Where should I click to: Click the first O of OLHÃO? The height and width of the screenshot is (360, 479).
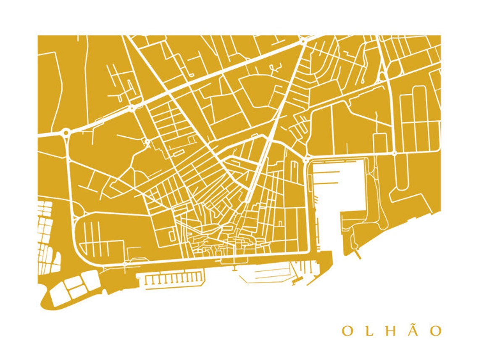point(347,331)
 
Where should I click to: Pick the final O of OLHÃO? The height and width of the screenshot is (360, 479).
point(437,331)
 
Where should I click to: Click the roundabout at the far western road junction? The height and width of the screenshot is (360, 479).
point(66,133)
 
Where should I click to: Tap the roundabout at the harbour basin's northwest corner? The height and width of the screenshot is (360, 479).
point(306,160)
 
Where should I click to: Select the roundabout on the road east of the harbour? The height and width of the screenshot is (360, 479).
point(394,154)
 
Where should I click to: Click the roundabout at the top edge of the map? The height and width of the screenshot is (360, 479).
point(303,41)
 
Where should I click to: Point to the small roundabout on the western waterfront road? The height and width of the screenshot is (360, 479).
point(125,264)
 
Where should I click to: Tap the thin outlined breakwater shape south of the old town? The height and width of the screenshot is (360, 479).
point(265,275)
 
